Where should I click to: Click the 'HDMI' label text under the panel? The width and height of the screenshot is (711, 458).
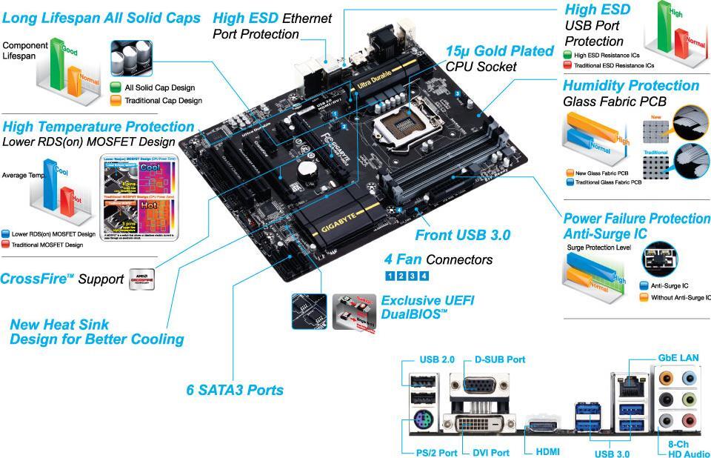pos(542,452)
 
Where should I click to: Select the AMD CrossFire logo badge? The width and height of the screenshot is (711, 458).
pos(141,279)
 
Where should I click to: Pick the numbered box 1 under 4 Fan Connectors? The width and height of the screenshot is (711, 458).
pos(390,276)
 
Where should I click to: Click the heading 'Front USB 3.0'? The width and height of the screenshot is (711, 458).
pos(462,236)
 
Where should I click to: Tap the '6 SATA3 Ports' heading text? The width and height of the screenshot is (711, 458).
pos(234,389)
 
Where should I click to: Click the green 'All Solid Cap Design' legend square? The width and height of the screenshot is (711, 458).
pos(116,87)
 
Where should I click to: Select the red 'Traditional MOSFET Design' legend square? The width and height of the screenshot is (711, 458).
pos(6,244)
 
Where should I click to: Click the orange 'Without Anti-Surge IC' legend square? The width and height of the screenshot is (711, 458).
pos(643,297)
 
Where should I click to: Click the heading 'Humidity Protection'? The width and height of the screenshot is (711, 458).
pos(630,85)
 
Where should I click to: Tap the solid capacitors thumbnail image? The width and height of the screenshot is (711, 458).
pos(136,58)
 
